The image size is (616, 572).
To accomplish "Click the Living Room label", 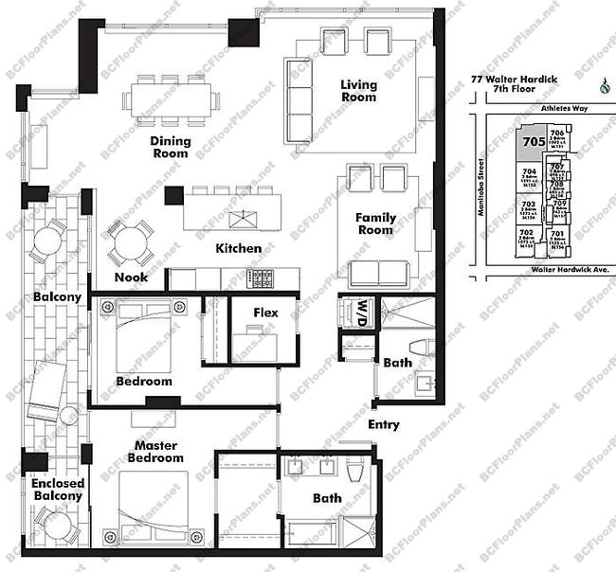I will click(358, 91).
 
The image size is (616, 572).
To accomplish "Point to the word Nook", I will click(131, 277).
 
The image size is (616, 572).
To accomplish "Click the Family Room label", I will click(375, 224).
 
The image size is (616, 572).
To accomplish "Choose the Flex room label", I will click(265, 312).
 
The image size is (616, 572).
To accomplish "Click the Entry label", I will click(383, 425).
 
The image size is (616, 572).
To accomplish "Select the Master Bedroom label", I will click(157, 452).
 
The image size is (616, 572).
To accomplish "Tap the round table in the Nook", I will click(129, 242).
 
